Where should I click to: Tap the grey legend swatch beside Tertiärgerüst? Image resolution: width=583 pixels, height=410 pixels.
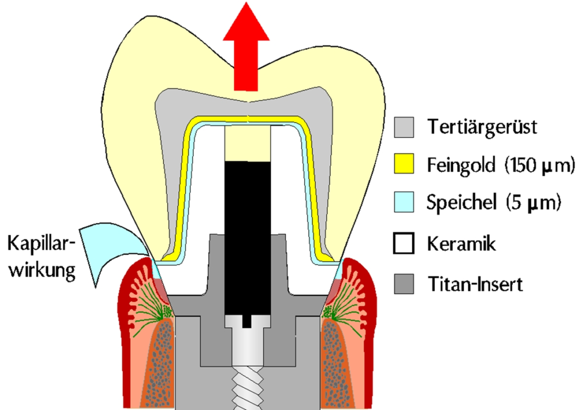[x=403, y=127]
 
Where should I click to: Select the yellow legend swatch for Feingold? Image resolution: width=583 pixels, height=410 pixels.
[x=403, y=166]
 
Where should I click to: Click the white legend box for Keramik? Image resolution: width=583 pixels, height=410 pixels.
[x=403, y=243]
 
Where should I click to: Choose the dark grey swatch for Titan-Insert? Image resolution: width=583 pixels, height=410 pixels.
[x=403, y=283]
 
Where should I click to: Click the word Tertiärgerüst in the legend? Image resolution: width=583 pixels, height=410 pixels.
[x=482, y=127]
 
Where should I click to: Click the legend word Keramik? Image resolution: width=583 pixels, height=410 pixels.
[x=461, y=243]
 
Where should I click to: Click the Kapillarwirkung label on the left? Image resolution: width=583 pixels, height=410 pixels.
[x=41, y=257]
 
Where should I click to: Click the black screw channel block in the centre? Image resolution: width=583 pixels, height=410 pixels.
[x=248, y=234]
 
